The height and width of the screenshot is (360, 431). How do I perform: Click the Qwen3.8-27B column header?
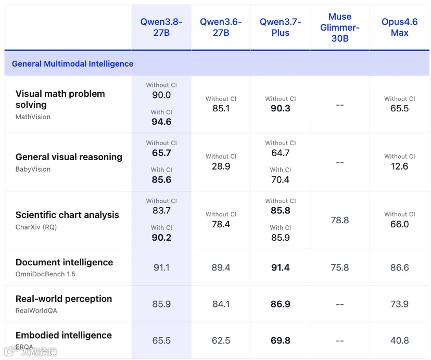tap(161, 27)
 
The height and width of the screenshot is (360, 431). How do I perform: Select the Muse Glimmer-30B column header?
tap(340, 27)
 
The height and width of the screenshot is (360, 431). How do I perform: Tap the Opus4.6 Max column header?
tap(399, 27)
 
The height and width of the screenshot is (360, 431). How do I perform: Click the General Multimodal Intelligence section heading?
tap(72, 64)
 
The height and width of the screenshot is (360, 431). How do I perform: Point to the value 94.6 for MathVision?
tap(161, 122)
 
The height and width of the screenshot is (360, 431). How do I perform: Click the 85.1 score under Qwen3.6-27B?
tap(221, 108)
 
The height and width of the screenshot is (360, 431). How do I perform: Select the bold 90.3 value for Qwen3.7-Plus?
tap(281, 108)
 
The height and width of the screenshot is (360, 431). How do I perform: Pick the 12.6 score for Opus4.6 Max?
tap(399, 166)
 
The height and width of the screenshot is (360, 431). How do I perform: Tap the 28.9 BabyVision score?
tap(221, 166)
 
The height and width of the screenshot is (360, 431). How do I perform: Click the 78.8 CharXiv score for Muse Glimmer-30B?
tap(340, 220)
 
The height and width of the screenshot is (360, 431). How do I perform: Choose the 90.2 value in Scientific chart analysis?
tap(161, 237)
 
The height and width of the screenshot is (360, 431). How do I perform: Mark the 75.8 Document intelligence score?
tap(340, 267)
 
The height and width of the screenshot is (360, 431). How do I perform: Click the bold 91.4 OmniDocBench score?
tap(281, 267)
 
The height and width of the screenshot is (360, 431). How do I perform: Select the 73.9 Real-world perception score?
tap(399, 304)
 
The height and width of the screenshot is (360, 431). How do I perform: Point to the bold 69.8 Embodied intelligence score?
tap(281, 340)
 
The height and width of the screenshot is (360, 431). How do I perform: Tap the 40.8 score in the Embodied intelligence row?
tap(399, 340)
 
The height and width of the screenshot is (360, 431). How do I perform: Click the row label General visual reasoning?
tap(69, 157)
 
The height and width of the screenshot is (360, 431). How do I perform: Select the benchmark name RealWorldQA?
tap(36, 311)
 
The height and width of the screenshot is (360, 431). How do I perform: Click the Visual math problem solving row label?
tap(60, 99)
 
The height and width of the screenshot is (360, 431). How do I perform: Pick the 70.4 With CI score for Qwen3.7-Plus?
tap(281, 179)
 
